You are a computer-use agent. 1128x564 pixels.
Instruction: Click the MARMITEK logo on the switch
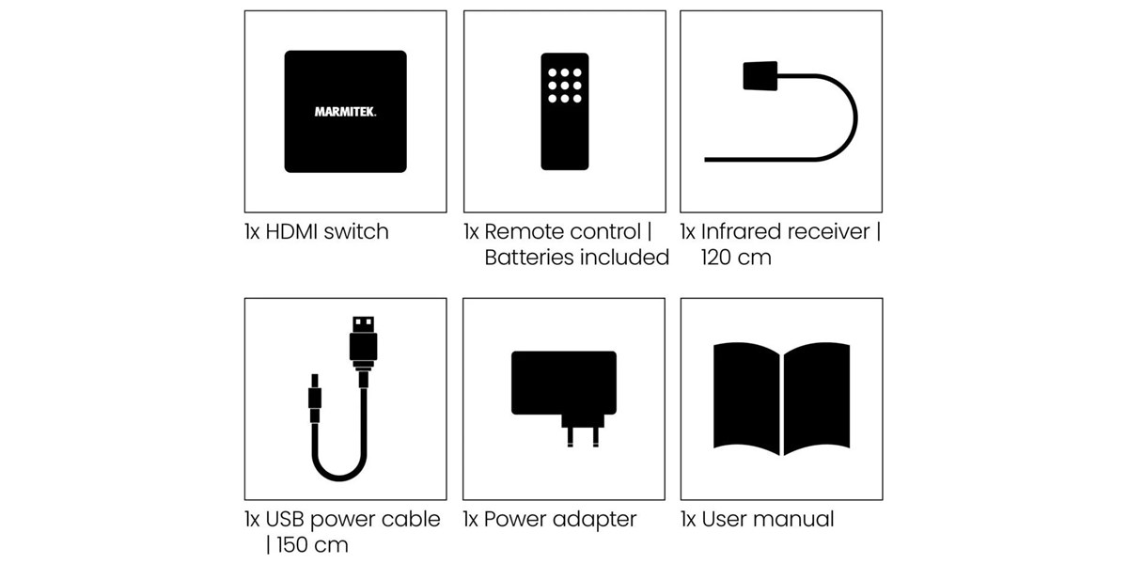346,112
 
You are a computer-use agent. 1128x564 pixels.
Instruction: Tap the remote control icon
565,111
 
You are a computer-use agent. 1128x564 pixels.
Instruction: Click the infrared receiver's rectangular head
760,75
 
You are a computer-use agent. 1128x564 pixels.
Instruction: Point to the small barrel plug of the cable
315,398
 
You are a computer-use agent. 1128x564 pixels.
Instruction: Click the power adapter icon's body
564,383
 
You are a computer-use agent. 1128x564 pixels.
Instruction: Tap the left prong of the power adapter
570,436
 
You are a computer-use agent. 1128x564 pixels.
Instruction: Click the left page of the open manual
746,399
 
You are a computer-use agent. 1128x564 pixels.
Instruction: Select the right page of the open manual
817,399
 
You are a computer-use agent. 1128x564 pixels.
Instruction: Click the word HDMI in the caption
291,232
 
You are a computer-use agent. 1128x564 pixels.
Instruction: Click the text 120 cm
736,258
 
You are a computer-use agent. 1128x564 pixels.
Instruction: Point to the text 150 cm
312,545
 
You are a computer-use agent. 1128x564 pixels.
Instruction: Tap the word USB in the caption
285,520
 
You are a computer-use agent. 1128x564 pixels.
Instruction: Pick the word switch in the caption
356,232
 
